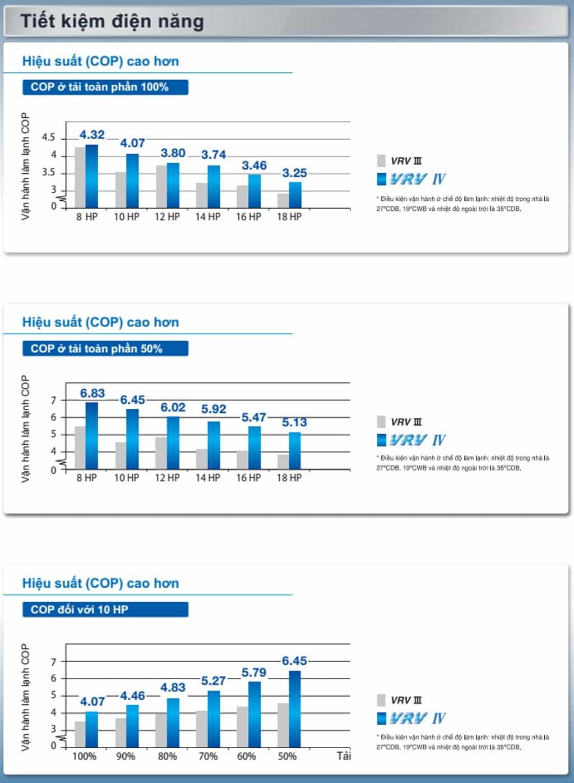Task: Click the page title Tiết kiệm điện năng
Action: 112,21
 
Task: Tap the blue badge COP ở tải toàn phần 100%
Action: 105,87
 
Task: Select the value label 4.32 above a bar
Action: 92,135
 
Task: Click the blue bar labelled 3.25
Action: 295,195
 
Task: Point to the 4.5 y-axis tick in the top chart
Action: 49,137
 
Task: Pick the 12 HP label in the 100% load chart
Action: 167,217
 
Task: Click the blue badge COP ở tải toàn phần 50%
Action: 105,348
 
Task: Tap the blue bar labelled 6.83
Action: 92,435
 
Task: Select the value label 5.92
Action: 214,409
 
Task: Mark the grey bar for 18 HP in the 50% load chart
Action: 283,462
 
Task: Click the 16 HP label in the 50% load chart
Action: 248,478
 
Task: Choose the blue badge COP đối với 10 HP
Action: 105,610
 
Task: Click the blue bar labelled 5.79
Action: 254,714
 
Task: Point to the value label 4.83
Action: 173,688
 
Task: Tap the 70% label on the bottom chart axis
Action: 208,756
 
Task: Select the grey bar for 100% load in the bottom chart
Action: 80,734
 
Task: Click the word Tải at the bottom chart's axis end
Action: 344,756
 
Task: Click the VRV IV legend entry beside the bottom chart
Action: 411,718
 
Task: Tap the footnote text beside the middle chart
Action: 462,463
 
